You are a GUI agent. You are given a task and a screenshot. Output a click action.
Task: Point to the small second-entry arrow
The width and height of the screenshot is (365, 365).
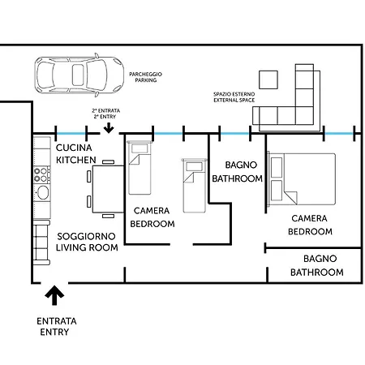click(109, 125)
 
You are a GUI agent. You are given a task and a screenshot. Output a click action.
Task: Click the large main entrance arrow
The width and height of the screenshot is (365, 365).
click(55, 295)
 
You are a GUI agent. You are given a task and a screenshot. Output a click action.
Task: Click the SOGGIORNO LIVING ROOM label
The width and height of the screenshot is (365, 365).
click(88, 242)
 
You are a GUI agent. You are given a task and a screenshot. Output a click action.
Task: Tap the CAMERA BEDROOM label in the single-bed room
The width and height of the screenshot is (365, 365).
click(152, 217)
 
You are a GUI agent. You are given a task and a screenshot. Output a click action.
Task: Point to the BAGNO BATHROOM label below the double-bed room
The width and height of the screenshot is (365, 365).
click(316, 266)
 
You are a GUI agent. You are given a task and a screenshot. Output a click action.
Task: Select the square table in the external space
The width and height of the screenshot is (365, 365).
click(268, 79)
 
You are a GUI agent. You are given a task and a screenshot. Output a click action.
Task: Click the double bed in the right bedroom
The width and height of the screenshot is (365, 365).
click(300, 178)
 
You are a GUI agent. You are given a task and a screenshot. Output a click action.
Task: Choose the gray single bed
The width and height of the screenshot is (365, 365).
click(194, 185)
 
